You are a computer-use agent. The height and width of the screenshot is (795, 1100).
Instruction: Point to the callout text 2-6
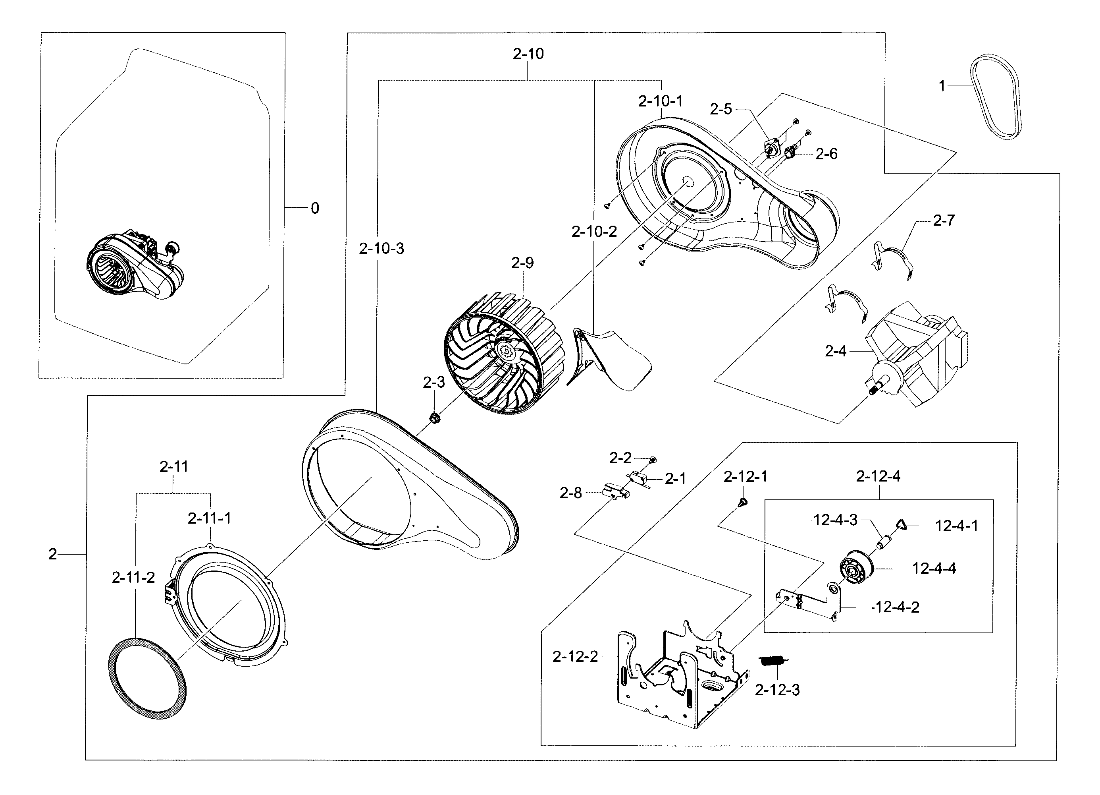tap(826, 154)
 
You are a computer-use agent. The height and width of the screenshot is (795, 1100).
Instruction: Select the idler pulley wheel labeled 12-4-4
tap(855, 568)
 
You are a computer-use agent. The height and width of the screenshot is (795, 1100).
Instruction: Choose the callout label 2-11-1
tap(210, 518)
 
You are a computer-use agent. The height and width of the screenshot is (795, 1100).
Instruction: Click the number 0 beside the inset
tap(315, 208)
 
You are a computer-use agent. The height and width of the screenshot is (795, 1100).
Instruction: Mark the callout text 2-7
tap(943, 221)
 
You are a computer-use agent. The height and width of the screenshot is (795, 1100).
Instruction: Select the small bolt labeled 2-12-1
tap(741, 502)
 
